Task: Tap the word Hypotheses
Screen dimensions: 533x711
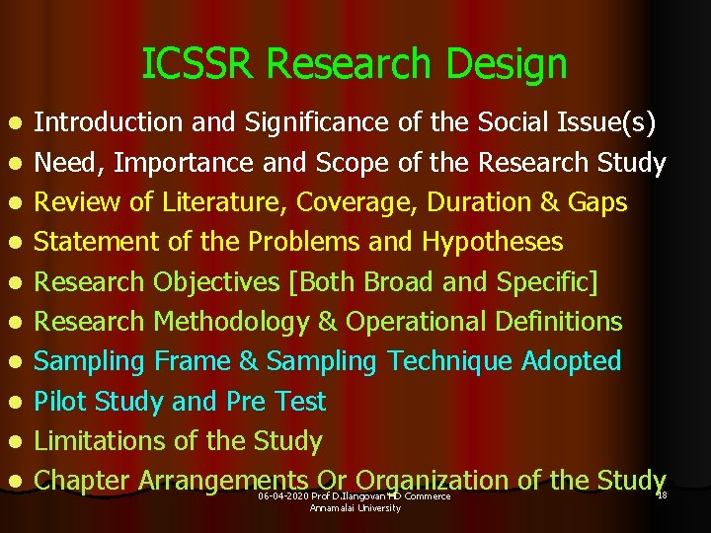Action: (492, 243)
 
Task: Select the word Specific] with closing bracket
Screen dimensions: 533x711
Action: (547, 282)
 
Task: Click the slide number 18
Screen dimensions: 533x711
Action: (662, 495)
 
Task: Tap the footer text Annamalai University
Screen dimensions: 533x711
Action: (355, 507)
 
